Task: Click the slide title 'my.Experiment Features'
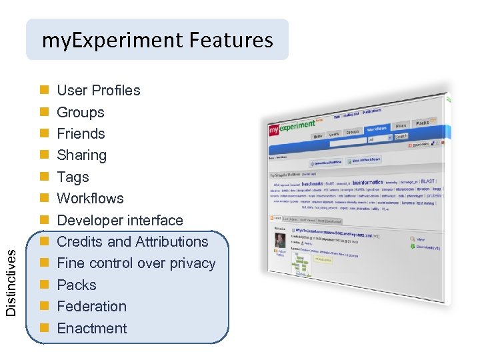click(157, 40)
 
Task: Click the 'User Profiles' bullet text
click(99, 91)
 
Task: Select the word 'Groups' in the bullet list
click(81, 112)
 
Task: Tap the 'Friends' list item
click(81, 133)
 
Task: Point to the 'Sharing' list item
click(81, 155)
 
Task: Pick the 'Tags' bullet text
click(73, 177)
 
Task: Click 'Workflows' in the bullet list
click(90, 199)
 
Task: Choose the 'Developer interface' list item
click(120, 220)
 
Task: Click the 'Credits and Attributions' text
click(133, 242)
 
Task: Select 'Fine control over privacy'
click(136, 263)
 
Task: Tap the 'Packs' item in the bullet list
click(77, 285)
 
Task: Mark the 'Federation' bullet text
click(91, 307)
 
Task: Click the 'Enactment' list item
click(91, 328)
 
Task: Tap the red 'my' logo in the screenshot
click(273, 131)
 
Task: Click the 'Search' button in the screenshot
click(401, 137)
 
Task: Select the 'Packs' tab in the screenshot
click(422, 123)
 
